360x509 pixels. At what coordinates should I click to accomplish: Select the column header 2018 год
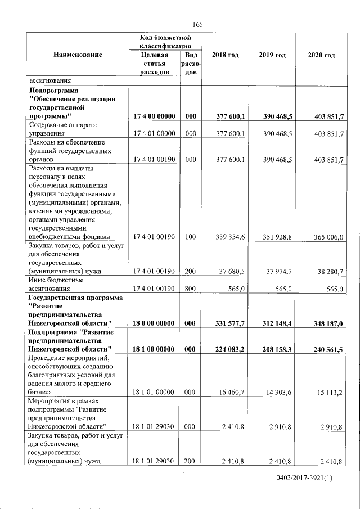(225, 55)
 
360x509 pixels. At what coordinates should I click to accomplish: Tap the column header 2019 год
(272, 55)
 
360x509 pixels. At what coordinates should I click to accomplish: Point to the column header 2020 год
(322, 55)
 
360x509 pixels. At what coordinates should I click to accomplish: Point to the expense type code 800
(190, 289)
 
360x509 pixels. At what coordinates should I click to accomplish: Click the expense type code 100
(190, 237)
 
